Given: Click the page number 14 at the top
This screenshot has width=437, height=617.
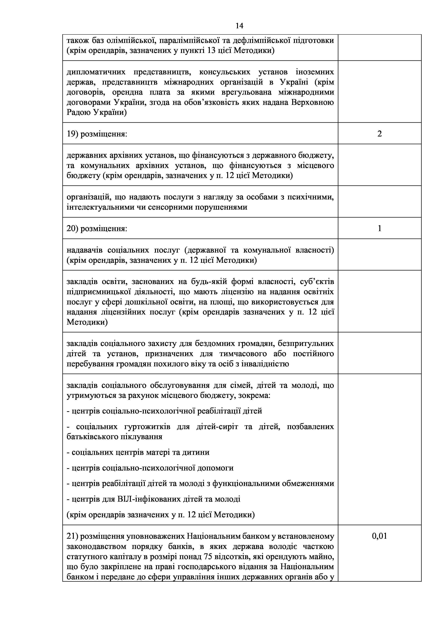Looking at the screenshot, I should click(239, 26).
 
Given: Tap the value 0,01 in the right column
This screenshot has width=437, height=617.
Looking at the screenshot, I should click(379, 536).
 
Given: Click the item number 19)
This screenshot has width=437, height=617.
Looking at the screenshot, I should click(72, 134).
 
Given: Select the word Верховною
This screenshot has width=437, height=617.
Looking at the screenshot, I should click(313, 102).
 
